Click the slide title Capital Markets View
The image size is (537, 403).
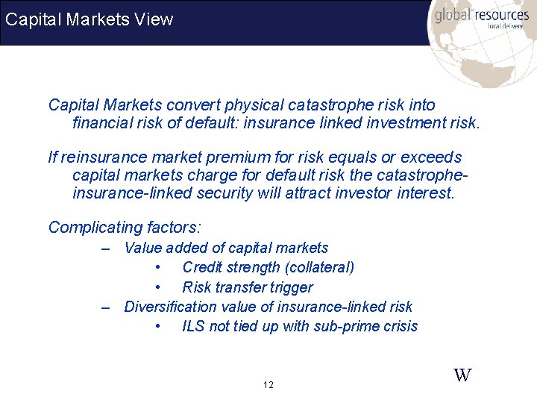click(89, 19)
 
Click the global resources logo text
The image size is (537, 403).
click(481, 15)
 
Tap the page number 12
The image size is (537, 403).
click(268, 385)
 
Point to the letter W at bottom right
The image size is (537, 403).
click(462, 375)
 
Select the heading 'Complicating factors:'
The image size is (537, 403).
click(125, 227)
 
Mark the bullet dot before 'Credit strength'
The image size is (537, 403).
click(157, 268)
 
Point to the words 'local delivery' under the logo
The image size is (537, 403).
click(505, 26)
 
